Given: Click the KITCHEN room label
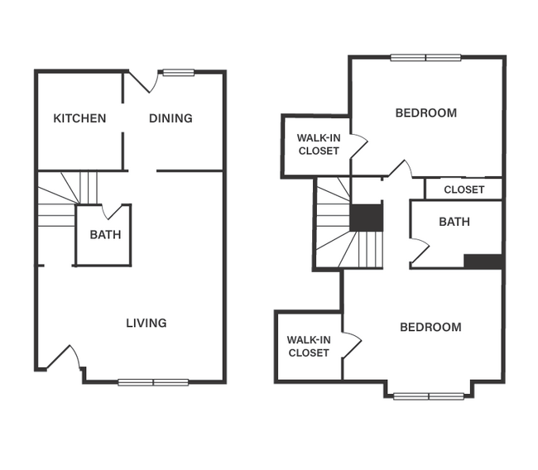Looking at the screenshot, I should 79,118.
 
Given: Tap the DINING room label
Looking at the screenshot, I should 171,118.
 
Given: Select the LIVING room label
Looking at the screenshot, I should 146,323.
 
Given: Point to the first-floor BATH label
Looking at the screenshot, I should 105,235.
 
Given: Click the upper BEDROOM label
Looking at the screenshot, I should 425,113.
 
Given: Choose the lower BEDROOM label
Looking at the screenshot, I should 430,328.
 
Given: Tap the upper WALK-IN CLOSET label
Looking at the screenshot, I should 319,144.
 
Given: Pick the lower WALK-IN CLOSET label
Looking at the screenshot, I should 309,346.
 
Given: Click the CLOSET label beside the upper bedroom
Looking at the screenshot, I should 464,189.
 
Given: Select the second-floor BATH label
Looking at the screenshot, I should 454,222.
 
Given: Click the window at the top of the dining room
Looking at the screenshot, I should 178,72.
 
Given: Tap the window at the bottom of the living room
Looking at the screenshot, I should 153,382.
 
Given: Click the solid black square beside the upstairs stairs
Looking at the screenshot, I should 366,218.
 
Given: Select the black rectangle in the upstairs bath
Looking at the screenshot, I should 483,261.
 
